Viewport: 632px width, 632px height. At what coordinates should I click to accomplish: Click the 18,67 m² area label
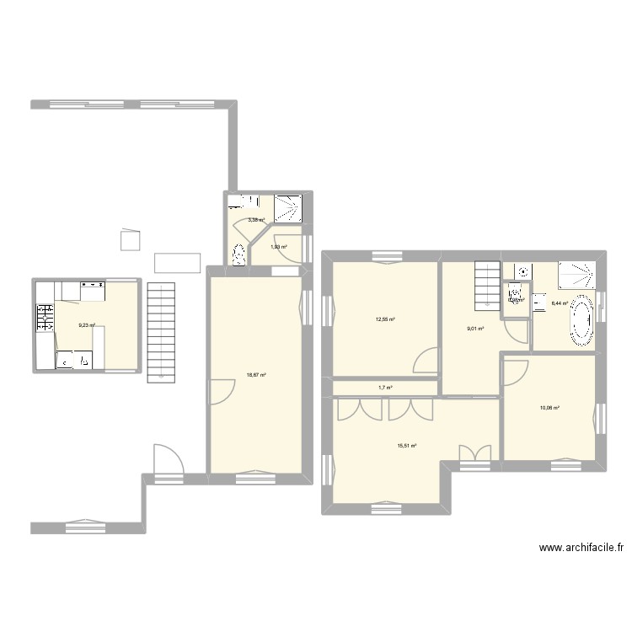click(x=257, y=376)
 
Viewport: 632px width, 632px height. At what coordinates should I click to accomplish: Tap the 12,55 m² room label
click(x=385, y=319)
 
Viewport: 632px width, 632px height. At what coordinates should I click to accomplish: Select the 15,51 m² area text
click(x=408, y=446)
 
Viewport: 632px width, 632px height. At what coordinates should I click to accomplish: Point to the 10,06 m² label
click(x=549, y=409)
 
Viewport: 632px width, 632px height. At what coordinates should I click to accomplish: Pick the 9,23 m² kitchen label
click(x=86, y=325)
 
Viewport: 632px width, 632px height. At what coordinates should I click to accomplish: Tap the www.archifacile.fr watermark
click(x=581, y=548)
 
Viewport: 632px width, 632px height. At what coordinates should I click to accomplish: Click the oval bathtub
click(x=581, y=319)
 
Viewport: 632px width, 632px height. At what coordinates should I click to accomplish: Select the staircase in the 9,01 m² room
click(x=487, y=284)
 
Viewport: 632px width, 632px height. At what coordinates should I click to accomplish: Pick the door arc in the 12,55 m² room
click(x=426, y=361)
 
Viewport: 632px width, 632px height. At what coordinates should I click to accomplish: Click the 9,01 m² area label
click(x=474, y=329)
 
